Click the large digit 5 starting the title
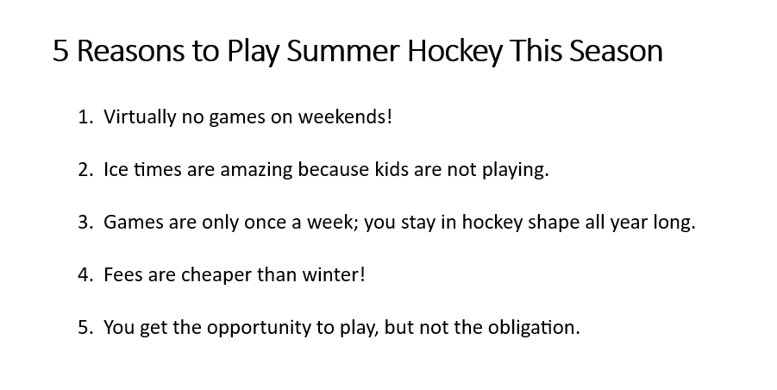(60, 51)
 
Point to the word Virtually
(140, 117)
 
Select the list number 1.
(85, 117)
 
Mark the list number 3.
(85, 222)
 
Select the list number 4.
(85, 274)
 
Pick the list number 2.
(85, 169)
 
